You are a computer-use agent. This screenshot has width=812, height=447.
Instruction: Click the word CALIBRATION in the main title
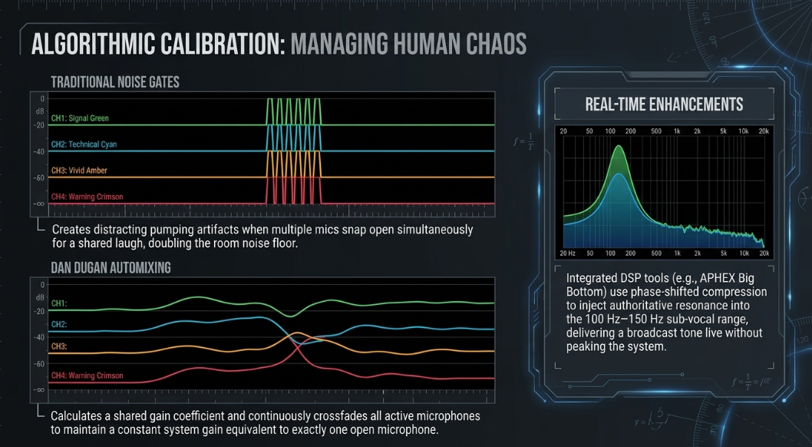pos(221,44)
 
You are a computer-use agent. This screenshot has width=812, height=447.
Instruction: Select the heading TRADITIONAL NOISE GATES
pos(115,82)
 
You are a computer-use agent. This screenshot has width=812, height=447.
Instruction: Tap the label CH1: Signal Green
pos(80,118)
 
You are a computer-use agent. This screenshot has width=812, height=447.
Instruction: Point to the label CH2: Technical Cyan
pos(84,144)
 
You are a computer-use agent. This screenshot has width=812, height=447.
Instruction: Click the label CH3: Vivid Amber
pos(79,171)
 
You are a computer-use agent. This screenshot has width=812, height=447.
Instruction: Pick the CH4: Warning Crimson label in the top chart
pos(87,197)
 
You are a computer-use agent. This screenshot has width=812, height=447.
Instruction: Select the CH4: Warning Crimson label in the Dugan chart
pos(87,376)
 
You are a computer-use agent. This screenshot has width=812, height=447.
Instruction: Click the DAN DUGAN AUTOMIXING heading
pos(111,268)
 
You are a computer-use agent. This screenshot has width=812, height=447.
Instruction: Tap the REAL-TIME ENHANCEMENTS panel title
pos(664,104)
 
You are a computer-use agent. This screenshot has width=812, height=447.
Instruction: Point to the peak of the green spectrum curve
pos(619,146)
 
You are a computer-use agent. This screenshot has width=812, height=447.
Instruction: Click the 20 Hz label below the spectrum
pos(568,253)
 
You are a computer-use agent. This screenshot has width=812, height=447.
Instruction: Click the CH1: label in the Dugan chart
pos(59,303)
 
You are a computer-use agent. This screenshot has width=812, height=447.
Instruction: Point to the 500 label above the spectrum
pos(656,131)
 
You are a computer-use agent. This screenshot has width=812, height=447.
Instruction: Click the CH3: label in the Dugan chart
pos(59,346)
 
